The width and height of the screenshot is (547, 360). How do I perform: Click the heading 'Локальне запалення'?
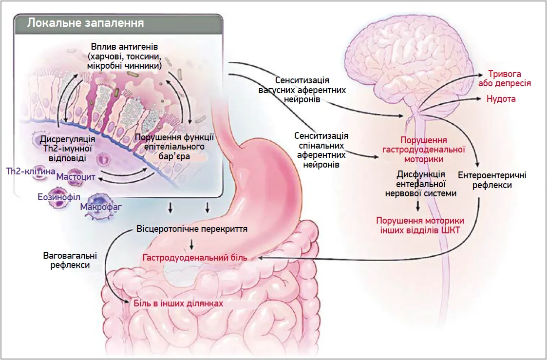85,23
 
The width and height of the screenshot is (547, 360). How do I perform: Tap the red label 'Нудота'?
501,99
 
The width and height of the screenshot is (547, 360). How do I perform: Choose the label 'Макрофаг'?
101,207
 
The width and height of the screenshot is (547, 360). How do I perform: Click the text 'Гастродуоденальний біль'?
195,257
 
